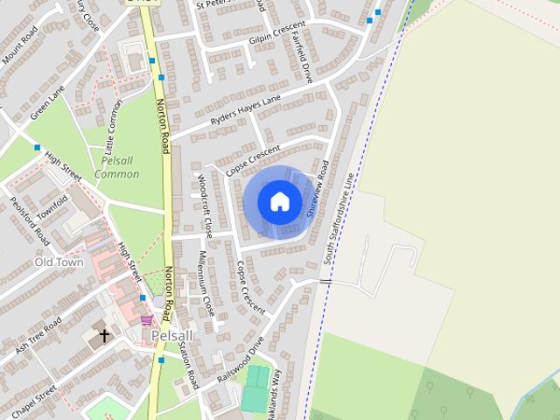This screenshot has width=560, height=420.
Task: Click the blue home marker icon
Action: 279,201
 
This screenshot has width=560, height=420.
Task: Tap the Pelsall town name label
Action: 171,335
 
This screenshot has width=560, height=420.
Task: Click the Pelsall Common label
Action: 117,167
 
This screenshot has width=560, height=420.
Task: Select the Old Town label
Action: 59,262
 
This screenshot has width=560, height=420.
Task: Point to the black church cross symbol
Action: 104,335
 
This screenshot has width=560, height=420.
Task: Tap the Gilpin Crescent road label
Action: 265,31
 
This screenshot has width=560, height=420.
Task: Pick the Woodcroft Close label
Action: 205,206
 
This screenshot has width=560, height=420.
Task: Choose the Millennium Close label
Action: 206,283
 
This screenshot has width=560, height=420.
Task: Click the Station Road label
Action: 188,364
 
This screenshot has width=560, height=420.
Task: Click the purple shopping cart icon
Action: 146,320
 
